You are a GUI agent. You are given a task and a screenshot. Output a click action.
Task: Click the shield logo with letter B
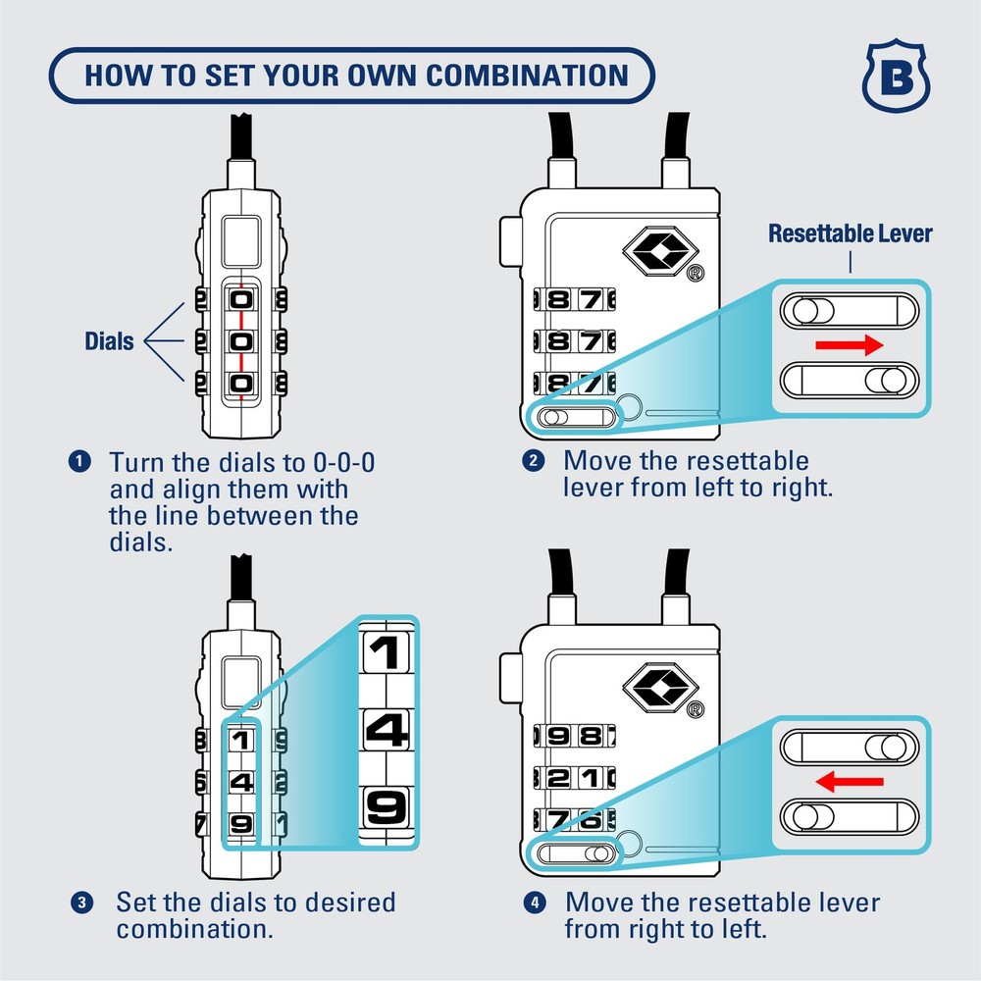[x=896, y=77]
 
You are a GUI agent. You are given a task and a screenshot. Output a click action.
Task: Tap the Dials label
[x=109, y=341]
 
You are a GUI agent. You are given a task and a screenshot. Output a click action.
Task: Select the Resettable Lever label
[x=850, y=234]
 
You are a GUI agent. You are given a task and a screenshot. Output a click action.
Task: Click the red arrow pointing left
[x=850, y=781]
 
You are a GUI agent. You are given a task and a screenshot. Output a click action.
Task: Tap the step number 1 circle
[x=81, y=461]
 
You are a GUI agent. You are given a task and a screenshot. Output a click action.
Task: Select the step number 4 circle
[x=535, y=901]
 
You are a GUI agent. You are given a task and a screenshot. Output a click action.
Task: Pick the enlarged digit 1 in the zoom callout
[x=386, y=652]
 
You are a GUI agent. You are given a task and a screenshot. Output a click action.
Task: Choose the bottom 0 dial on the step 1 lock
[x=241, y=386]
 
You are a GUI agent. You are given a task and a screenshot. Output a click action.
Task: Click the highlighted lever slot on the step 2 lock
[x=575, y=417]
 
